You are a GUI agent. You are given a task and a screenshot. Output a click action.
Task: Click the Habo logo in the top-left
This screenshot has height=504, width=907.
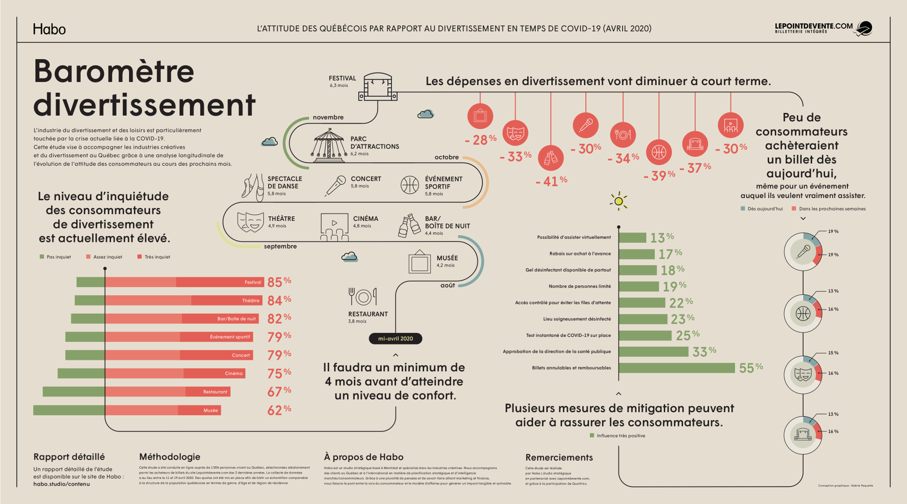click(49, 29)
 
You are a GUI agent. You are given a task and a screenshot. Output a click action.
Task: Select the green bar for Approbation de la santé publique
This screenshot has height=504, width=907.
click(653, 351)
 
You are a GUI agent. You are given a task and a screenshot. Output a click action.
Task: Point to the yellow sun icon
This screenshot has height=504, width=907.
click(618, 201)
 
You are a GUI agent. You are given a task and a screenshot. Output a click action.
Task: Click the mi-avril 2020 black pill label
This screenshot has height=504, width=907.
click(395, 339)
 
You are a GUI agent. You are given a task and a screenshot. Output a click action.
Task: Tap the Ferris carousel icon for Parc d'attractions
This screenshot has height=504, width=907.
click(329, 145)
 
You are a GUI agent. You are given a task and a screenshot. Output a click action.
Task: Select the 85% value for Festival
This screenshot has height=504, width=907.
click(279, 282)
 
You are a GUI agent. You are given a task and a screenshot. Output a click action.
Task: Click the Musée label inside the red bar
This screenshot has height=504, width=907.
click(211, 410)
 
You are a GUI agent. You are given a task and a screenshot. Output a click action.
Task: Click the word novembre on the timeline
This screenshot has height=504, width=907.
click(328, 117)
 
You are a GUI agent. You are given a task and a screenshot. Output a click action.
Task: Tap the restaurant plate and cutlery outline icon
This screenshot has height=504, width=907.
click(362, 297)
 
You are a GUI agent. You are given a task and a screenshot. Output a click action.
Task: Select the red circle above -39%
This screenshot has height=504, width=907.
click(659, 152)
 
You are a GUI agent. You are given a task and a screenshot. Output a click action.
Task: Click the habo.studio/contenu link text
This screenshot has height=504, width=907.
click(61, 484)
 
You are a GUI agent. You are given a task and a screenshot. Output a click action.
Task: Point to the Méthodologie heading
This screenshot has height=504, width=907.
click(170, 457)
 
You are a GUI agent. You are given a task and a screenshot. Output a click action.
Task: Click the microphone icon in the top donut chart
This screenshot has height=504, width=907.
click(803, 252)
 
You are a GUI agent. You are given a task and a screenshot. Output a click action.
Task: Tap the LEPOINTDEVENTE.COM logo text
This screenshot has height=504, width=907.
click(813, 27)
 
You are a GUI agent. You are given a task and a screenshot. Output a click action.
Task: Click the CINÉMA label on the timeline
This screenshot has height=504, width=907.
click(365, 219)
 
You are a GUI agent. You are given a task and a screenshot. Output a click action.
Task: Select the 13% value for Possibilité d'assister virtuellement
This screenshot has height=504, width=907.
click(662, 238)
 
